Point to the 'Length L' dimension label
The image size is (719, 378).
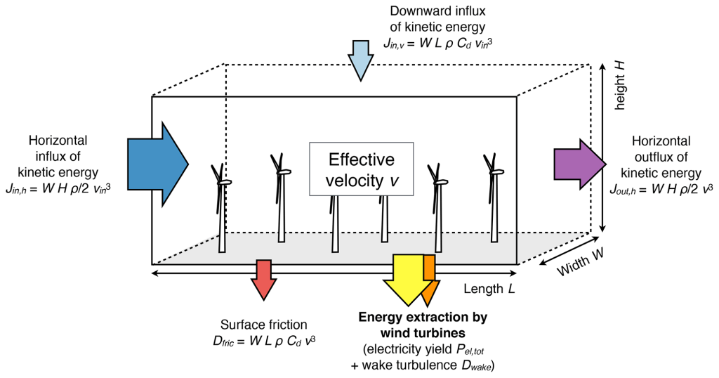(x=489, y=289)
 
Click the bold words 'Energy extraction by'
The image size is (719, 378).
(x=422, y=318)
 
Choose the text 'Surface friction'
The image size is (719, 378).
(x=263, y=325)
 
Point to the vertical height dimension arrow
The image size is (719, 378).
(x=603, y=148)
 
